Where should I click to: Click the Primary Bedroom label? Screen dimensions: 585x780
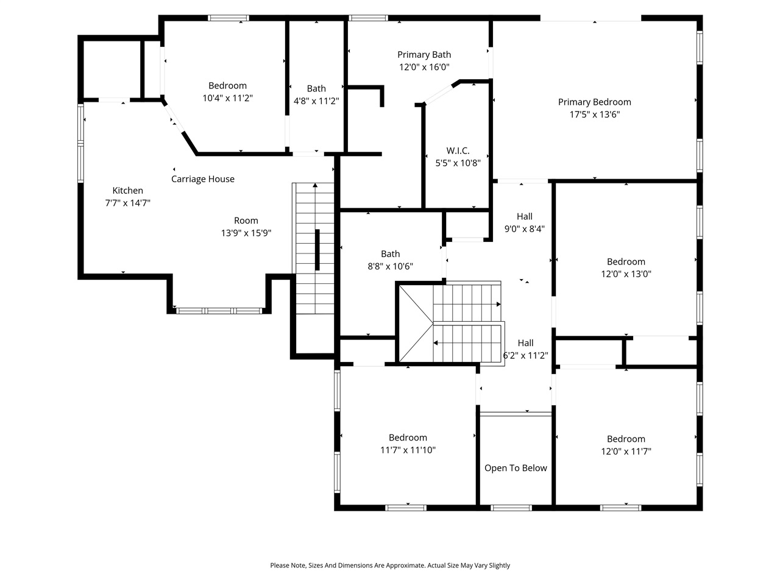pyautogui.click(x=594, y=102)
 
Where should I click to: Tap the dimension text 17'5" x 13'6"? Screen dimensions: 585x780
pyautogui.click(x=594, y=115)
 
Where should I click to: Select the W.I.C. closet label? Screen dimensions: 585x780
pyautogui.click(x=458, y=151)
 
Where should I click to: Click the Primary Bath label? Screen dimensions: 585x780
pyautogui.click(x=424, y=55)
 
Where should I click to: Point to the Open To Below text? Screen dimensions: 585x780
pyautogui.click(x=516, y=468)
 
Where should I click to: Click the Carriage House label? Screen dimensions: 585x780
pyautogui.click(x=202, y=179)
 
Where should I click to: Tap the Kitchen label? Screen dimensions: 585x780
pyautogui.click(x=128, y=191)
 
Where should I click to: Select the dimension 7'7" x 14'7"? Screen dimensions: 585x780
pyautogui.click(x=128, y=204)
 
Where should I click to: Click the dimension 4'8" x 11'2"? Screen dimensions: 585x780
pyautogui.click(x=316, y=101)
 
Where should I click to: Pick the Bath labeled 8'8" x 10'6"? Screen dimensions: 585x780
pyautogui.click(x=391, y=254)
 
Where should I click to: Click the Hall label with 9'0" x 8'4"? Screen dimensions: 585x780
pyautogui.click(x=524, y=216)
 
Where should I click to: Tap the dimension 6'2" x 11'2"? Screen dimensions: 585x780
pyautogui.click(x=525, y=356)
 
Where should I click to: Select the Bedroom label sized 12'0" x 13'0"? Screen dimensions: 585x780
pyautogui.click(x=626, y=261)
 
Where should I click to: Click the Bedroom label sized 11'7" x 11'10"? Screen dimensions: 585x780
pyautogui.click(x=408, y=438)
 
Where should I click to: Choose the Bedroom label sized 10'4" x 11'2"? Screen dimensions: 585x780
pyautogui.click(x=227, y=86)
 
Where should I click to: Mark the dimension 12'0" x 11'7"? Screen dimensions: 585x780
pyautogui.click(x=626, y=452)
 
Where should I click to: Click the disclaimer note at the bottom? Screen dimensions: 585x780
pyautogui.click(x=390, y=565)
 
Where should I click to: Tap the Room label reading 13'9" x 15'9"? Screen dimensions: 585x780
pyautogui.click(x=246, y=221)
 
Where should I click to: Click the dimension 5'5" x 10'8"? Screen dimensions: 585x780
pyautogui.click(x=458, y=163)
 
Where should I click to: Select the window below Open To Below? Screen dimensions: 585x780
pyautogui.click(x=512, y=507)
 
